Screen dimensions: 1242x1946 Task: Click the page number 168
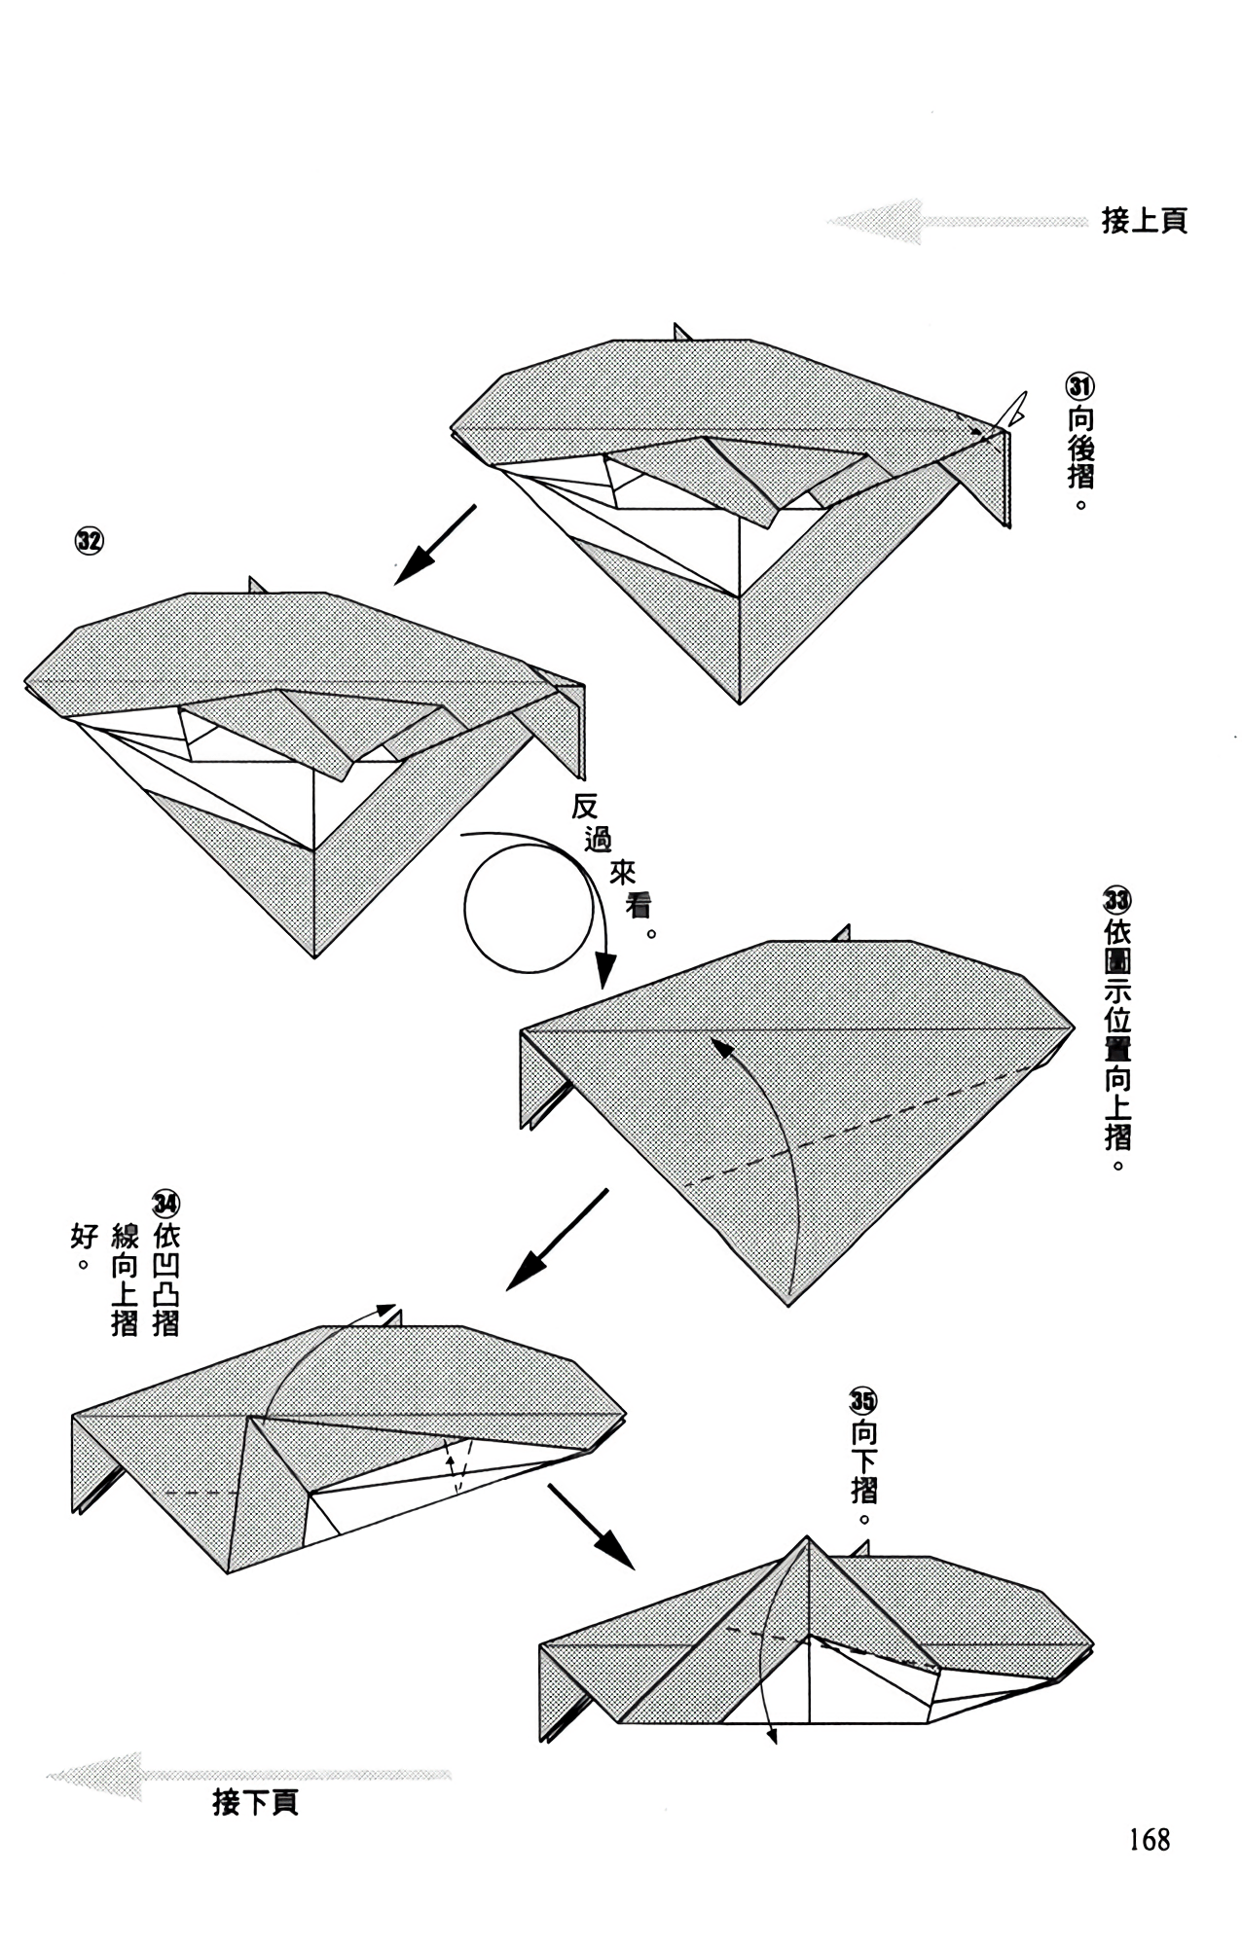tap(1150, 1839)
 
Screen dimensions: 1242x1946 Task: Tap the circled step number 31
tap(1079, 386)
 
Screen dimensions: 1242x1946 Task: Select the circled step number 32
tap(89, 541)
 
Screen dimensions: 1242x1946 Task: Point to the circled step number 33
tap(1117, 900)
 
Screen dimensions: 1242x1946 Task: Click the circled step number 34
tap(165, 1204)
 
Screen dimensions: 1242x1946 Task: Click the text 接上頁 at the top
tap(1145, 221)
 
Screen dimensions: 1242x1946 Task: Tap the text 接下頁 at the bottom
tap(255, 1802)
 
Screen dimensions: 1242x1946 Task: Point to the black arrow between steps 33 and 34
tap(557, 1239)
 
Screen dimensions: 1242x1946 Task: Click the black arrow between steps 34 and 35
tap(591, 1526)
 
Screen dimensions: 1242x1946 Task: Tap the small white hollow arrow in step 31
tap(1016, 409)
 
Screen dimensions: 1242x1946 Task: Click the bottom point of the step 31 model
tap(740, 703)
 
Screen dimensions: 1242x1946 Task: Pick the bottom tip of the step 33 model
tap(788, 1305)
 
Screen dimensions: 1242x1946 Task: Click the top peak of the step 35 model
tap(808, 1536)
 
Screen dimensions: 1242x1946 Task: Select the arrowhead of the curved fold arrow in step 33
tap(720, 1046)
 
